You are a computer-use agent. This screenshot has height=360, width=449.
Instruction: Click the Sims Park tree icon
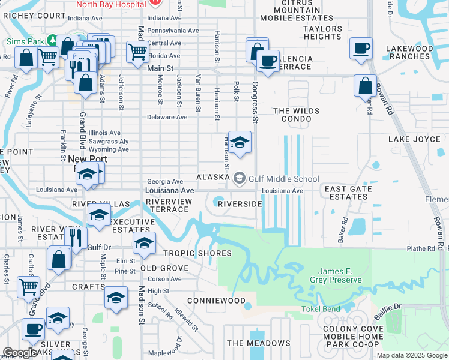pos(52,40)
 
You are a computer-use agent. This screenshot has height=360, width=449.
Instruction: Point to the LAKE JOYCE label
pos(415,139)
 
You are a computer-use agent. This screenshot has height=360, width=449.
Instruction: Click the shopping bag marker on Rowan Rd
pos(365,86)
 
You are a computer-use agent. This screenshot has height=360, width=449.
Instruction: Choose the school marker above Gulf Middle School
pos(240,143)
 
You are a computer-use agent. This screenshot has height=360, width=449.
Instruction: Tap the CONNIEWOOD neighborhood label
pos(216,300)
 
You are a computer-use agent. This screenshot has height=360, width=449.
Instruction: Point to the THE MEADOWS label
pos(259,343)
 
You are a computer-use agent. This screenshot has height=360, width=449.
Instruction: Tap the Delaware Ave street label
pos(167,117)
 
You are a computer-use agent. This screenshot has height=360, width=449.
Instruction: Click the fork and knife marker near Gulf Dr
pos(74,237)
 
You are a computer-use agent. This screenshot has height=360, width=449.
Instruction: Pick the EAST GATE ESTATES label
pos(348,193)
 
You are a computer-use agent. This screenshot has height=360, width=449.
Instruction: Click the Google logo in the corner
pos(20,353)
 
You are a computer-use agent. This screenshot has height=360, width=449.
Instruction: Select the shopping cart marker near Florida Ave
pos(138,52)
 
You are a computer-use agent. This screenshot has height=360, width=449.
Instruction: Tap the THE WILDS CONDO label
pos(292,115)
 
